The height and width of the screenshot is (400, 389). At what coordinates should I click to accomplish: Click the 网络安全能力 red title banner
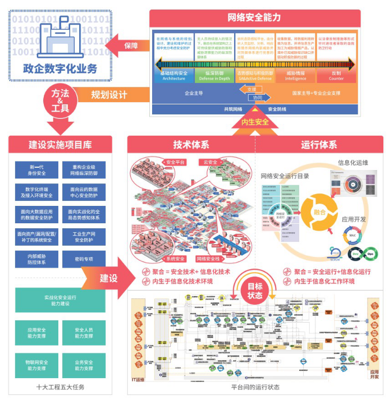click(254, 17)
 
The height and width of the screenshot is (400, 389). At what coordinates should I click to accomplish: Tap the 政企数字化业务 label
click(60, 69)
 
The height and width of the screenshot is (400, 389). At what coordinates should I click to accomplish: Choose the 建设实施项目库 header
click(60, 145)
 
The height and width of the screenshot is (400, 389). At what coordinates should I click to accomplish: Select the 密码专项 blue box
click(83, 259)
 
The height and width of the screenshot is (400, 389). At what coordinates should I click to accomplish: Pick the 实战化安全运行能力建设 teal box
click(60, 300)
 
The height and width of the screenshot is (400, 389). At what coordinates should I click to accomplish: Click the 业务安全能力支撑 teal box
click(83, 365)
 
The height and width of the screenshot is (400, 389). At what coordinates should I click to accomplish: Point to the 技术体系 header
click(191, 145)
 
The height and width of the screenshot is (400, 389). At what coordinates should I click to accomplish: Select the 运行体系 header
click(319, 145)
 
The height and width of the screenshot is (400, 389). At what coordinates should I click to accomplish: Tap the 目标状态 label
click(255, 291)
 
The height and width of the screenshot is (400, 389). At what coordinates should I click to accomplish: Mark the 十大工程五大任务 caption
click(60, 388)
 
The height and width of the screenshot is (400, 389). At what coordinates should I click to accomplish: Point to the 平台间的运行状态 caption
click(255, 388)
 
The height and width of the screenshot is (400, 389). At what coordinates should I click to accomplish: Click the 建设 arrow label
click(109, 278)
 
